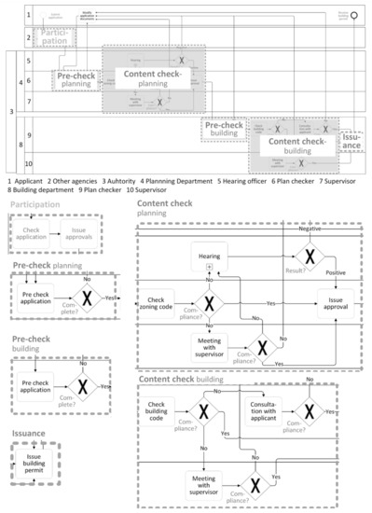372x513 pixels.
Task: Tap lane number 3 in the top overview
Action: coord(10,112)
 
